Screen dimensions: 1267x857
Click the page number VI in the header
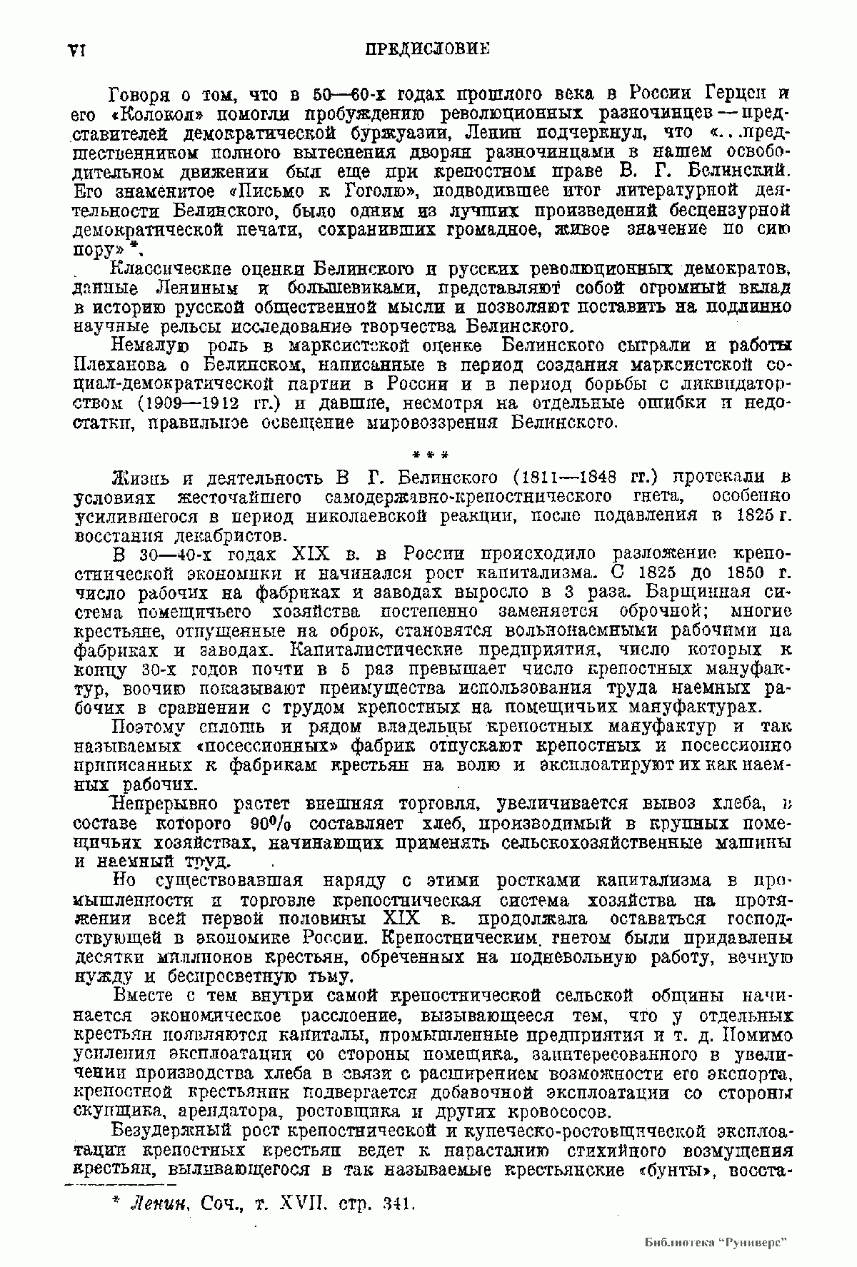click(76, 51)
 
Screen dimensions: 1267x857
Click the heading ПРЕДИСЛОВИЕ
click(427, 50)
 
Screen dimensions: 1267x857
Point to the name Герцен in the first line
click(728, 94)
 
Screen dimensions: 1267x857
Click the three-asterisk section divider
click(430, 454)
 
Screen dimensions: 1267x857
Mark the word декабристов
click(206, 535)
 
